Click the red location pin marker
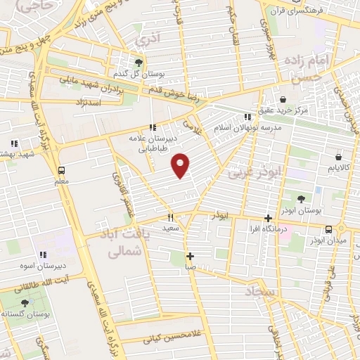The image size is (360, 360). tap(181, 165)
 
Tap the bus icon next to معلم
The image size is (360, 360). tap(62, 170)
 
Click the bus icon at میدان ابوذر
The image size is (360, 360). tap(328, 229)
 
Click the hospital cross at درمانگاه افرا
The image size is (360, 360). tap(267, 218)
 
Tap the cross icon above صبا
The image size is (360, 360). tap(190, 256)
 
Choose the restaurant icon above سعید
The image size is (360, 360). tap(170, 218)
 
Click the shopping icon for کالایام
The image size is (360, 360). tap(338, 157)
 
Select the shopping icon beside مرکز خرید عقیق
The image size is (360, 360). tap(283, 99)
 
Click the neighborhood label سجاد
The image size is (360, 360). tap(262, 291)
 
